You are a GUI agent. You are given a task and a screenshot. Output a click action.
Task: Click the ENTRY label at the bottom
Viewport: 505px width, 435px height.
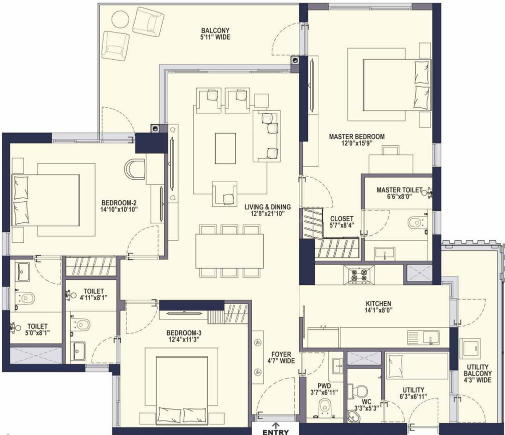275,432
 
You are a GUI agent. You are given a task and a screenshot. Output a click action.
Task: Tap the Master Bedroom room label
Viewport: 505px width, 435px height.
357,137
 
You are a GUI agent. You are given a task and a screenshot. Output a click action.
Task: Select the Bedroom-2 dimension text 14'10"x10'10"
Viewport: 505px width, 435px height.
119,209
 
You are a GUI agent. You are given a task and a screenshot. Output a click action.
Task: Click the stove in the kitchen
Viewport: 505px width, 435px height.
359,275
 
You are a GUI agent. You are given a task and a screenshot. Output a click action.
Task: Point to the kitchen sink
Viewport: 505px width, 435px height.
423,337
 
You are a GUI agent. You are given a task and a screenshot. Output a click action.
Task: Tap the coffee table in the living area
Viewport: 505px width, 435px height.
225,149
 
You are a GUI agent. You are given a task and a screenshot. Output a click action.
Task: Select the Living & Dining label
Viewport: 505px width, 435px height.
268,207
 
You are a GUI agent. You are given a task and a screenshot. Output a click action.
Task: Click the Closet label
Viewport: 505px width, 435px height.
342,219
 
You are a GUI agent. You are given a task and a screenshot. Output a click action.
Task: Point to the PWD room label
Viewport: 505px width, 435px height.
324,386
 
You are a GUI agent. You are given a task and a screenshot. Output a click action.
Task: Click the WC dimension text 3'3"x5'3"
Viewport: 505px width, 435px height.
366,408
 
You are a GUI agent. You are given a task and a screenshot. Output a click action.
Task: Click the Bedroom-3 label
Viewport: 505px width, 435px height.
184,333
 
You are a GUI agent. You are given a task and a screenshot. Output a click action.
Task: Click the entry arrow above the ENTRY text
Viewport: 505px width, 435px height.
276,425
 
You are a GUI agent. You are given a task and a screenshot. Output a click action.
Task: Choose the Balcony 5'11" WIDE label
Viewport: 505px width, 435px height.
215,34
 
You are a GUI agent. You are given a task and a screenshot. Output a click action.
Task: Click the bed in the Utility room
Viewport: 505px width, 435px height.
417,366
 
